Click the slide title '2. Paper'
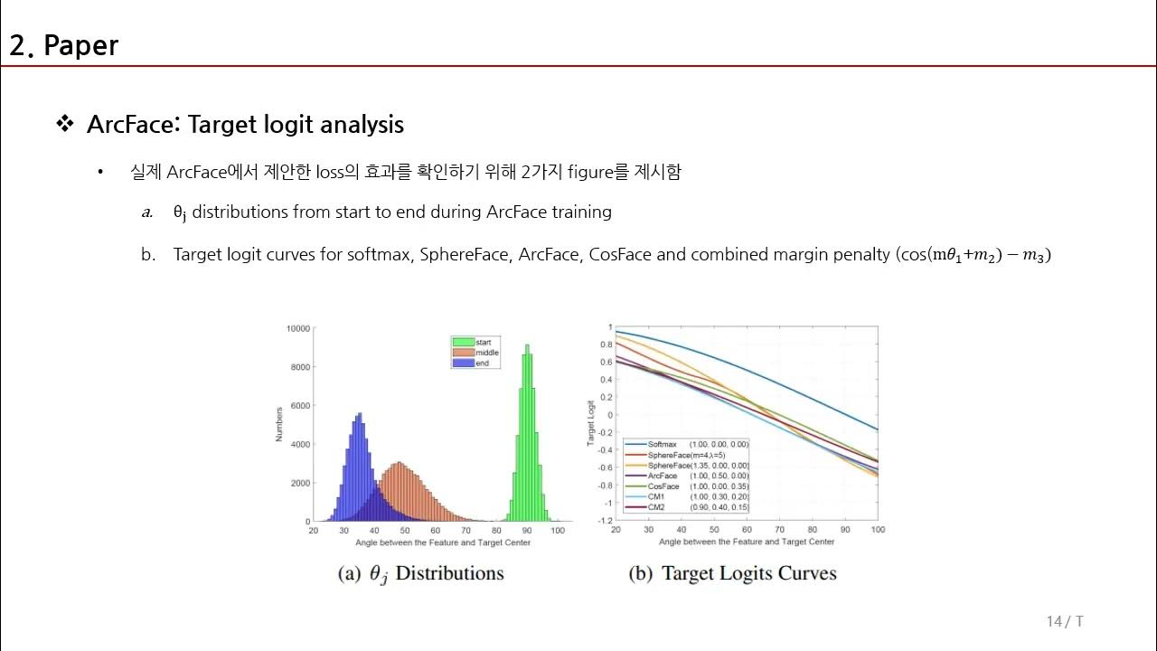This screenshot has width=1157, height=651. click(63, 45)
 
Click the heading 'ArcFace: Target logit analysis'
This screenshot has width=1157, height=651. click(245, 125)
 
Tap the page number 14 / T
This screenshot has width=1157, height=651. click(1064, 621)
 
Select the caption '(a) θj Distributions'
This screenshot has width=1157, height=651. click(420, 573)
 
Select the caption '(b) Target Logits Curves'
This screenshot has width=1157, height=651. click(732, 573)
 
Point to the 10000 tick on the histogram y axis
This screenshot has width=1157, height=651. click(298, 328)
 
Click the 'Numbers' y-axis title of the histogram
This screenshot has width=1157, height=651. click(279, 424)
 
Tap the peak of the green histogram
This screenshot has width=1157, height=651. click(527, 345)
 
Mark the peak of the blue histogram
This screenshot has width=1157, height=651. click(360, 414)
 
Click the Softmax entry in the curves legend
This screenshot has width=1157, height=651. click(662, 445)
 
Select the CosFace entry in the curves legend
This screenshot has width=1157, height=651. click(663, 486)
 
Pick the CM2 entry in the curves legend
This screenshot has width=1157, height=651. click(657, 507)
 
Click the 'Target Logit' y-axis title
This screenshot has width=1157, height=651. click(591, 423)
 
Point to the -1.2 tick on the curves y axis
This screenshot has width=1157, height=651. click(604, 521)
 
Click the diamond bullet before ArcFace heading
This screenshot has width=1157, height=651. click(64, 124)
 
